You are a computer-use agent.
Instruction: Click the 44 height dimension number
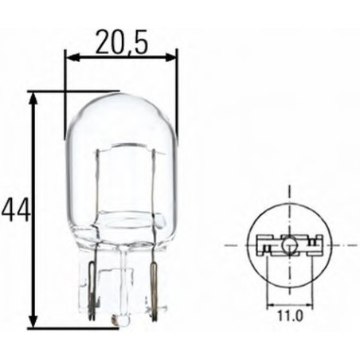pyautogui.click(x=15, y=210)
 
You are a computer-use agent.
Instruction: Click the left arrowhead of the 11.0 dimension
pyautogui.click(x=269, y=304)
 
